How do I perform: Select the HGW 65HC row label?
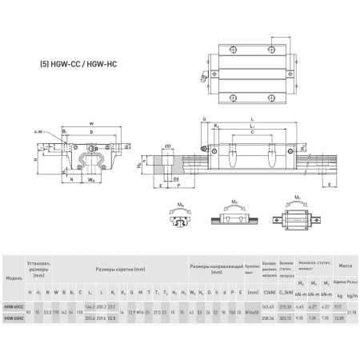pyautogui.click(x=14, y=318)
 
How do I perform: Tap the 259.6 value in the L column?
pyautogui.click(x=100, y=318)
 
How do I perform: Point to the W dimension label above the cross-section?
pyautogui.click(x=92, y=123)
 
